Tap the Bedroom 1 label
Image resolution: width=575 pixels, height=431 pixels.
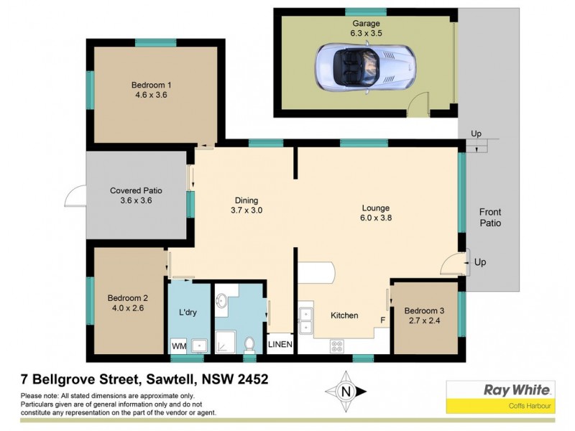151,84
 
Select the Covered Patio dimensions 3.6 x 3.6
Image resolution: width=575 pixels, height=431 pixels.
137,201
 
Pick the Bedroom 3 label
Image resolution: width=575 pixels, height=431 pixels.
425,310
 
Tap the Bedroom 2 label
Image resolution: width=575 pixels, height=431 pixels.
127,298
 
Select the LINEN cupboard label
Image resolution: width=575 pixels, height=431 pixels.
280,346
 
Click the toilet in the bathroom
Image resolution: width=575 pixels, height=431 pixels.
249,346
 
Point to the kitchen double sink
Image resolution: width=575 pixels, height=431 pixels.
306,320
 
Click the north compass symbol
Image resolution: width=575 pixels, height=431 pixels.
347,391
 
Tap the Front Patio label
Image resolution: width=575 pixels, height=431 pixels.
490,218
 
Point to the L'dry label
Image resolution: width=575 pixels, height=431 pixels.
188,313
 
